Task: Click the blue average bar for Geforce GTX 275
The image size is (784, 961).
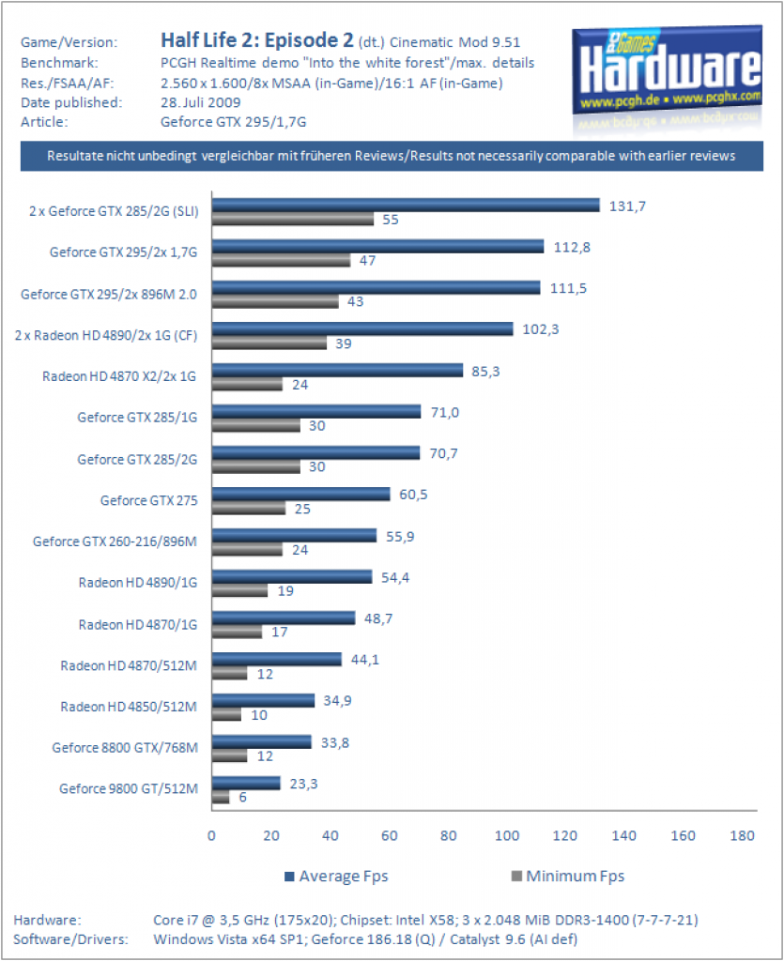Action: pyautogui.click(x=301, y=494)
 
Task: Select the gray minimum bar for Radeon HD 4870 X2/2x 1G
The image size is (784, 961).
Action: pyautogui.click(x=247, y=384)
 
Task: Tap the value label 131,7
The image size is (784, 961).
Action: pyautogui.click(x=627, y=206)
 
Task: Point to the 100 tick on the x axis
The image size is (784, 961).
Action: pyautogui.click(x=507, y=835)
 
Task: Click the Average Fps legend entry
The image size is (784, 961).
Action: pyautogui.click(x=336, y=877)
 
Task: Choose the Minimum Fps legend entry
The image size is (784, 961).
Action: pyautogui.click(x=568, y=877)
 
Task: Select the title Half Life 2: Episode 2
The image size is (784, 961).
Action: pyautogui.click(x=257, y=40)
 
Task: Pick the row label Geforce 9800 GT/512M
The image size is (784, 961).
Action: pyautogui.click(x=128, y=788)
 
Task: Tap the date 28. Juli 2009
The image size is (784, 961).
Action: pyautogui.click(x=200, y=102)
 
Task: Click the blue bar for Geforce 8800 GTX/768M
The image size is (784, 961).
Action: pyautogui.click(x=262, y=741)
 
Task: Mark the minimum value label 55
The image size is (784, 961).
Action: pyautogui.click(x=391, y=220)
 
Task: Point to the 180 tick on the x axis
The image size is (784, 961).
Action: pyautogui.click(x=742, y=835)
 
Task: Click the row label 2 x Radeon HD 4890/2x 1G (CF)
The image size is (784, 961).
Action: pyautogui.click(x=106, y=336)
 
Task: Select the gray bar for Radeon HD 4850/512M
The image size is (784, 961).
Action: pyautogui.click(x=227, y=714)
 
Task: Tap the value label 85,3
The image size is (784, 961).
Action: pyautogui.click(x=485, y=372)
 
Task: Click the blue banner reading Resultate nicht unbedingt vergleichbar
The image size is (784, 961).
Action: pyautogui.click(x=392, y=156)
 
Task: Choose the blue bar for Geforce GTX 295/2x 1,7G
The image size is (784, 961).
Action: pyautogui.click(x=378, y=246)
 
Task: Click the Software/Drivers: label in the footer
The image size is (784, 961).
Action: pyautogui.click(x=70, y=939)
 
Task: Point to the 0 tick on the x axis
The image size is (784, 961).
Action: pyautogui.click(x=211, y=835)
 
